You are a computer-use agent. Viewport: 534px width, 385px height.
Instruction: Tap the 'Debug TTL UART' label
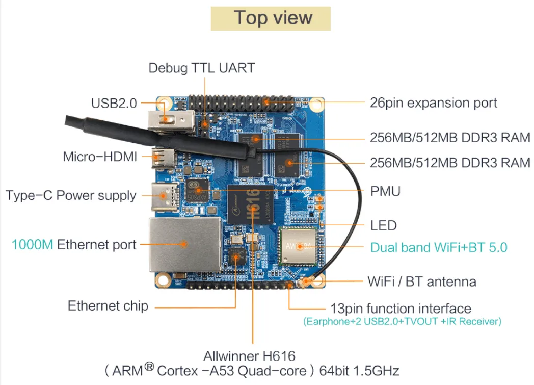[201, 68]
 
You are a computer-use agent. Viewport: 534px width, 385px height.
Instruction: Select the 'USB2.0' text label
[114, 103]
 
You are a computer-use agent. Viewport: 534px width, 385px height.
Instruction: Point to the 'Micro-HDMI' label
[100, 157]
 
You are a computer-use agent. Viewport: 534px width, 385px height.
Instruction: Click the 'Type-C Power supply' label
[71, 195]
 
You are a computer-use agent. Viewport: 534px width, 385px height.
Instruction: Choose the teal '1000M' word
[32, 245]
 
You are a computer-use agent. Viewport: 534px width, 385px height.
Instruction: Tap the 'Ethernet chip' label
[108, 306]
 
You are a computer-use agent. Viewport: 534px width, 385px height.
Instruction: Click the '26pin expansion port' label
[433, 103]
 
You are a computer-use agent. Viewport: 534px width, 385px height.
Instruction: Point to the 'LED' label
[383, 225]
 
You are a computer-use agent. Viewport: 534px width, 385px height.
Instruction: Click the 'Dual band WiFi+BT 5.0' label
[439, 248]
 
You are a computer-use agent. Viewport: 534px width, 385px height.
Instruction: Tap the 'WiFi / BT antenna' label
[422, 281]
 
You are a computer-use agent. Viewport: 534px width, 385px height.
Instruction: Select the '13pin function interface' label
[400, 309]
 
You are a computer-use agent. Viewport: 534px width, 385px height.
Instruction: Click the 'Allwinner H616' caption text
[249, 355]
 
